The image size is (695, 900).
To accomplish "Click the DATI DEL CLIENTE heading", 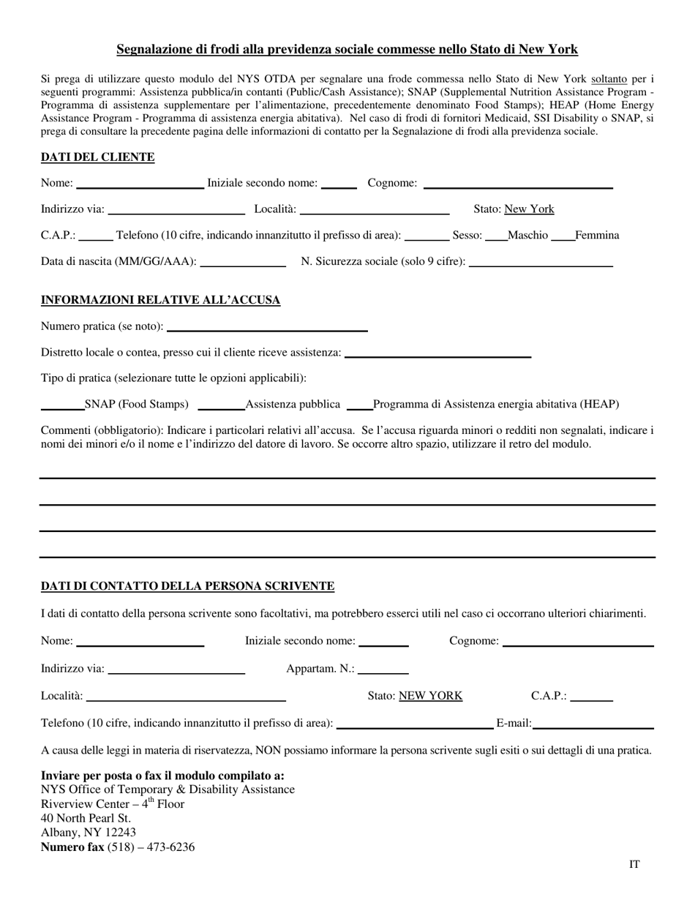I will coord(97,157).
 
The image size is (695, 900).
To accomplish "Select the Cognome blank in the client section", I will coord(517,184).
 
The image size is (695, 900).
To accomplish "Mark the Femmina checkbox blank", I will coord(563,236).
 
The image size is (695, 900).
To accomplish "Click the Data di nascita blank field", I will coord(242,263).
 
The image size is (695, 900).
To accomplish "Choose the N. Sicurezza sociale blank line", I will coord(540,263).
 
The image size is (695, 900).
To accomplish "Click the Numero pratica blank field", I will coord(267,328).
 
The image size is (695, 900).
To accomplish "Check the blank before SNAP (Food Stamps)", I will coord(62,406).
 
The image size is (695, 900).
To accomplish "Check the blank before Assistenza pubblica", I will coord(221,406).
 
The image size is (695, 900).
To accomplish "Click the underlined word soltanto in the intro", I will coord(609,78).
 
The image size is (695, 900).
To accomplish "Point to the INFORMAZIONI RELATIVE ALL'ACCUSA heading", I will coord(160,300).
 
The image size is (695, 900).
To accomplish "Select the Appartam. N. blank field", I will coord(383,670).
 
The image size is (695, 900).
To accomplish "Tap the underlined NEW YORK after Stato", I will coord(430,696).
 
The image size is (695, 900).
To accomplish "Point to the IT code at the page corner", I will coord(634,864).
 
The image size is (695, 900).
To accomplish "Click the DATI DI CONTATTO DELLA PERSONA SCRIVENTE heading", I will coord(187,586).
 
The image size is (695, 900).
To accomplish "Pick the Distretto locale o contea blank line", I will coord(437,354).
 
